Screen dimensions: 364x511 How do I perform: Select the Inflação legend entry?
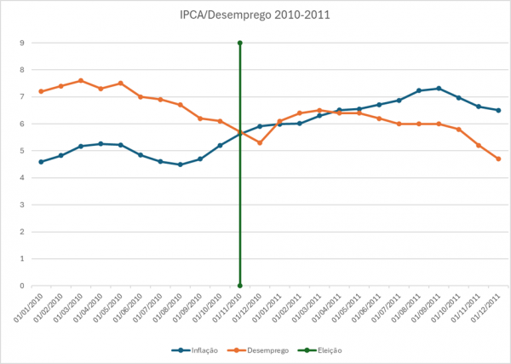198,350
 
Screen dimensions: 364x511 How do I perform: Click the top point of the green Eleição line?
240,43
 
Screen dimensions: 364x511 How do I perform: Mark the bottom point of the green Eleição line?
240,286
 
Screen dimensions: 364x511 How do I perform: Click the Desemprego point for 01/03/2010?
81,81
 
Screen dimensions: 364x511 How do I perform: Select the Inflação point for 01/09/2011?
439,89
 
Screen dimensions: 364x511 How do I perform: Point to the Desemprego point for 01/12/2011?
498,159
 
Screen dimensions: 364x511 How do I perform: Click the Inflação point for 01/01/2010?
41,161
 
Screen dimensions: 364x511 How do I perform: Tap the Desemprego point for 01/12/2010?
260,142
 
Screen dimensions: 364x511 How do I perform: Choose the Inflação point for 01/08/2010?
180,165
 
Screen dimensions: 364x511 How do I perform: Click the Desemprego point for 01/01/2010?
41,91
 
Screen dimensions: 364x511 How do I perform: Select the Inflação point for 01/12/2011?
498,110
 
